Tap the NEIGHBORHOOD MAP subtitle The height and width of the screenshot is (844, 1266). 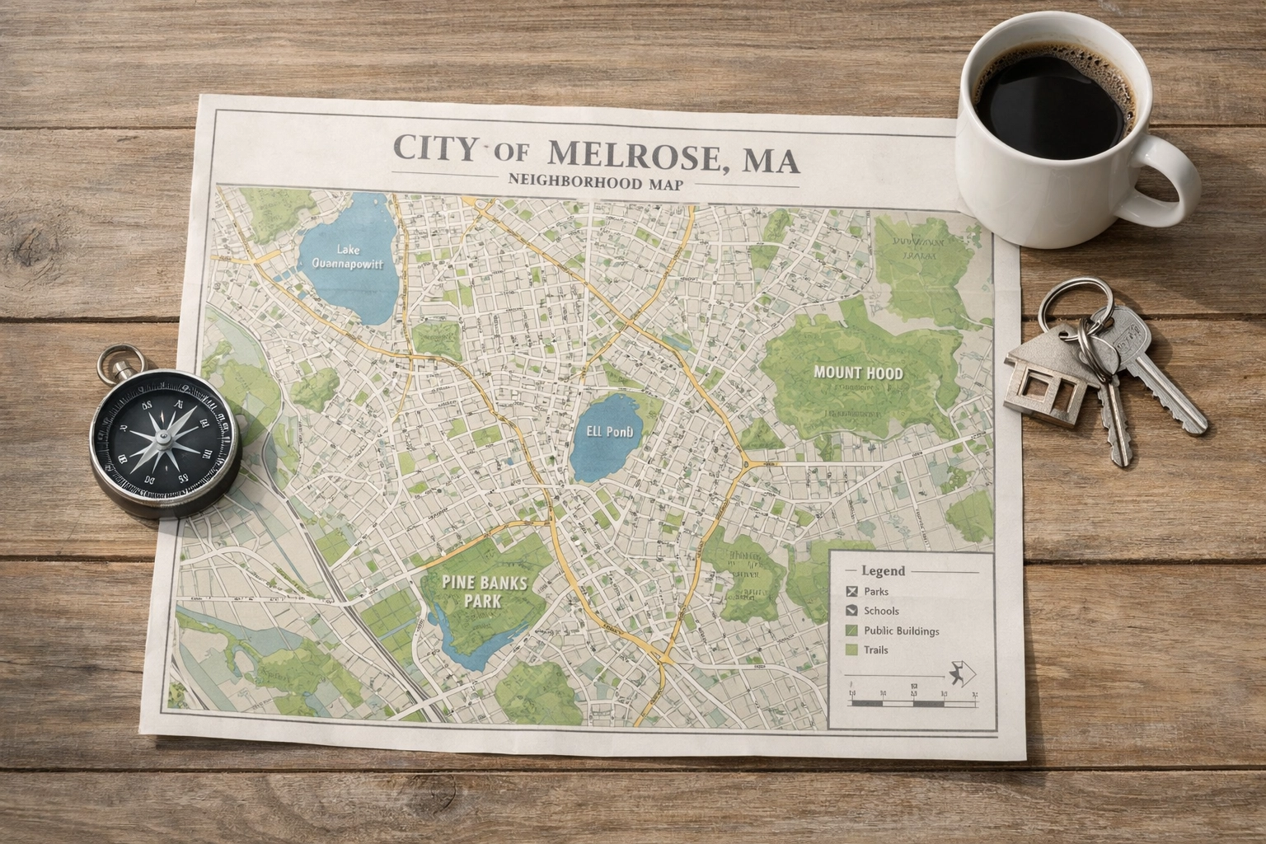(596, 181)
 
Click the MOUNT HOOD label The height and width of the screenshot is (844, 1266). (858, 373)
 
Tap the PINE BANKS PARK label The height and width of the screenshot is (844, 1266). (484, 590)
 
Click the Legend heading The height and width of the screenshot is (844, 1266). (883, 570)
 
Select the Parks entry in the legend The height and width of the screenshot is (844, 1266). (875, 592)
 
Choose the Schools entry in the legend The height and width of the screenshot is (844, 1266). (881, 611)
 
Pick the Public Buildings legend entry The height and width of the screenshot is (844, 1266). (901, 631)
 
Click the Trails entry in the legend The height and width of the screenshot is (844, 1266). (875, 650)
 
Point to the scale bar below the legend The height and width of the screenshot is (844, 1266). (911, 703)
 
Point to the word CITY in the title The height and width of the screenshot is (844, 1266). (435, 149)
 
